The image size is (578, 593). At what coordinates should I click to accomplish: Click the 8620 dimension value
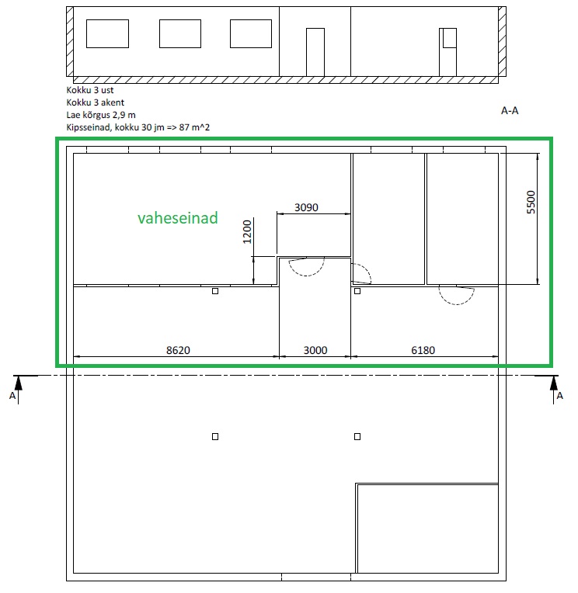[x=178, y=350]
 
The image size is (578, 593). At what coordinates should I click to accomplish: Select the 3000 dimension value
[x=315, y=350]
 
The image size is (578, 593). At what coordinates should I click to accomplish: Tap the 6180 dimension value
[x=423, y=350]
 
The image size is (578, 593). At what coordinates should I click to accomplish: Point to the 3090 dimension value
[x=306, y=207]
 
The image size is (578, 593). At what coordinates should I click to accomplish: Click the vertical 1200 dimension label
[x=247, y=232]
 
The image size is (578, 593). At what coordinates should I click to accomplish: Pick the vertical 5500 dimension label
[x=531, y=203]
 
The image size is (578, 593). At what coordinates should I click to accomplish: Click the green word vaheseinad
[x=178, y=218]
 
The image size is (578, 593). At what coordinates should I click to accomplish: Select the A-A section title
[x=510, y=110]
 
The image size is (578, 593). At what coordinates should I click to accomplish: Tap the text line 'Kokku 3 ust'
[x=89, y=90]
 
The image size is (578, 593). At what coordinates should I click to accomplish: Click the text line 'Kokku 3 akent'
[x=95, y=102]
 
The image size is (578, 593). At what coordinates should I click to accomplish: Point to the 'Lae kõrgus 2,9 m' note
[x=101, y=115]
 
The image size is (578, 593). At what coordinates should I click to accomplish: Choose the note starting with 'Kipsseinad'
[x=138, y=127]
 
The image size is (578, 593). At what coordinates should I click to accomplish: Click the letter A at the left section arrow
[x=12, y=396]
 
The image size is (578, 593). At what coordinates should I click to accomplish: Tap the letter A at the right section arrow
[x=560, y=396]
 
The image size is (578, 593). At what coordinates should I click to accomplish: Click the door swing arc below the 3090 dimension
[x=312, y=274]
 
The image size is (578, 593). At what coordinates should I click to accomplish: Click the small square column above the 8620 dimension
[x=215, y=291]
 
